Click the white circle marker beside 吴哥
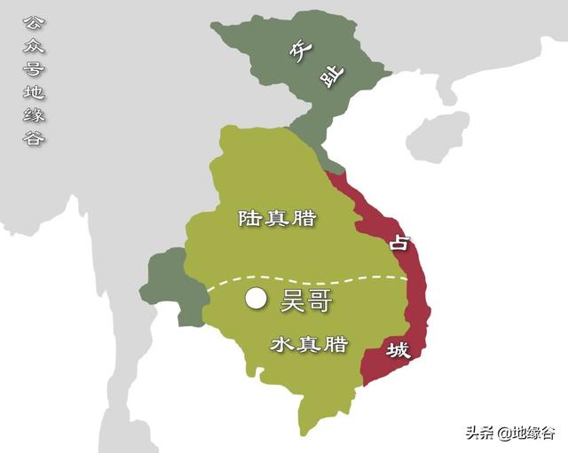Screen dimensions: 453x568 coord(256,300)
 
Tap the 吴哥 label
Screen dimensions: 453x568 coord(306,301)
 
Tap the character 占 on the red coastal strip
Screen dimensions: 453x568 coord(398,241)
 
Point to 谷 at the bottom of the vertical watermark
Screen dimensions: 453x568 coord(33,138)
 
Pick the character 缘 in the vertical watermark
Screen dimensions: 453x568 coord(33,115)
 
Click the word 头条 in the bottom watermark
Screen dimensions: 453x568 coord(479,433)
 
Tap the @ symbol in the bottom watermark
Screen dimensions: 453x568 coord(502,433)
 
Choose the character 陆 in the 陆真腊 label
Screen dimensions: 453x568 coord(248,218)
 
